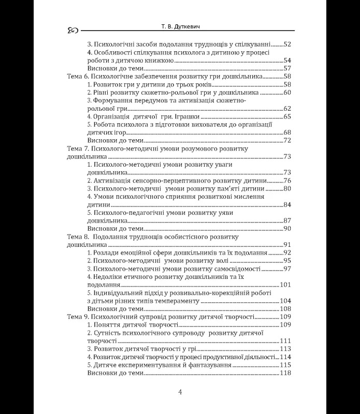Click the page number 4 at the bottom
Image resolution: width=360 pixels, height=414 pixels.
point(180,392)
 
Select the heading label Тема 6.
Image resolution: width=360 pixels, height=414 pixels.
point(78,77)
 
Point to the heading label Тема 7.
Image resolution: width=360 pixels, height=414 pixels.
point(78,149)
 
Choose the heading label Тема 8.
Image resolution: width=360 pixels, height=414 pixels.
point(78,236)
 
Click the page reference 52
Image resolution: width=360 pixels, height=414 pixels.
point(289,45)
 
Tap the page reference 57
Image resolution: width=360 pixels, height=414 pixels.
point(289,68)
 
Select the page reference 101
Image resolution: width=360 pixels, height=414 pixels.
point(286,285)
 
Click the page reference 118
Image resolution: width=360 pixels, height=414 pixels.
point(286,373)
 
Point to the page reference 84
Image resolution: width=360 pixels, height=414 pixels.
point(289,204)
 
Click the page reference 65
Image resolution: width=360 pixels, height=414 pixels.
point(289,116)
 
